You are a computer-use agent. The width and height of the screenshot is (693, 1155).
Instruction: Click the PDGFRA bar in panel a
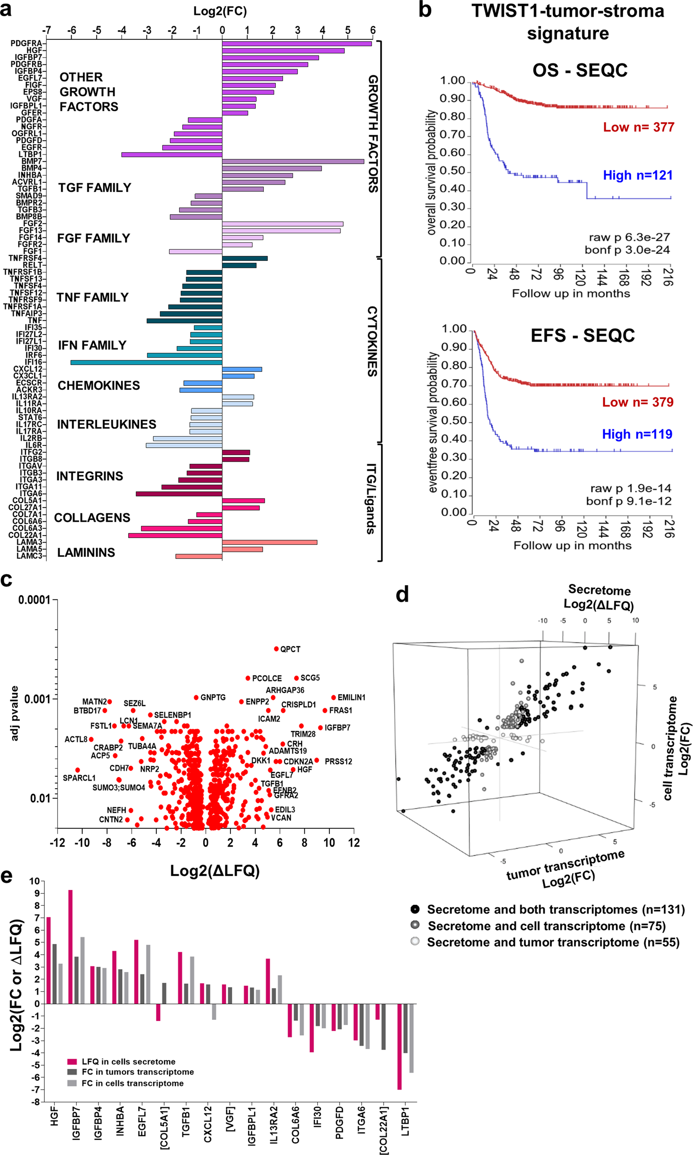click(297, 43)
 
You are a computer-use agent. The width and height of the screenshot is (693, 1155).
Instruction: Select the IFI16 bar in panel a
click(146, 362)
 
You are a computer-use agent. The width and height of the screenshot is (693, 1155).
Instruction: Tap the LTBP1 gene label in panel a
click(30, 154)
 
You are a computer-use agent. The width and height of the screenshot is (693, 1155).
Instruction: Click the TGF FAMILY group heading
click(94, 188)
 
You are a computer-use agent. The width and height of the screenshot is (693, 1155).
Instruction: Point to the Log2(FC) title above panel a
click(220, 11)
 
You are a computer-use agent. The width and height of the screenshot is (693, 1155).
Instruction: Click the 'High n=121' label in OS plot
click(637, 175)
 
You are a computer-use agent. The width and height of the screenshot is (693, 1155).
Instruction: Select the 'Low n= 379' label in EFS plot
click(637, 402)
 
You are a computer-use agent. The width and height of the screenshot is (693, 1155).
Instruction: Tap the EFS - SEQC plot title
click(582, 335)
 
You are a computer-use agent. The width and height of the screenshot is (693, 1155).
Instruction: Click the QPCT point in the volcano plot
click(276, 649)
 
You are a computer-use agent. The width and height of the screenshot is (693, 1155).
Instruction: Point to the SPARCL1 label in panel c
click(79, 778)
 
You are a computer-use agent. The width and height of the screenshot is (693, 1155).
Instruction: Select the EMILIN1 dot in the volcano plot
click(334, 698)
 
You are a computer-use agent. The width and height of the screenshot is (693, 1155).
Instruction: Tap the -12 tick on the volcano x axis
click(57, 843)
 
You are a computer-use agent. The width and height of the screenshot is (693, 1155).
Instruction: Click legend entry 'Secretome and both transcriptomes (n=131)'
click(555, 909)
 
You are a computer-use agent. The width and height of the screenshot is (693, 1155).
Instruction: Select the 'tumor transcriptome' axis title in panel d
click(565, 865)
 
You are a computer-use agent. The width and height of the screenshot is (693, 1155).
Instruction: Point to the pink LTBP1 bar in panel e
click(400, 1046)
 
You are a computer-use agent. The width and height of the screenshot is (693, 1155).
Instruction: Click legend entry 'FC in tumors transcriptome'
click(137, 1072)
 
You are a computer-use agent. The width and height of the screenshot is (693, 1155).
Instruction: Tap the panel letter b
click(425, 10)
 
